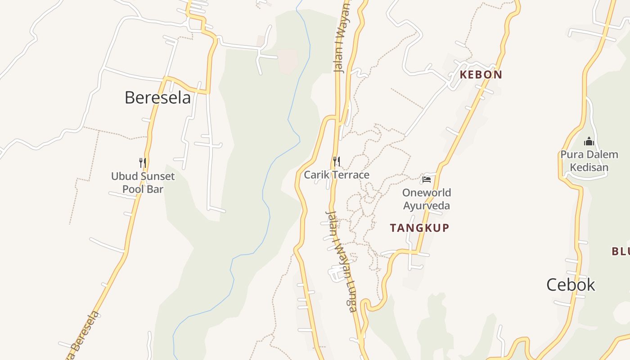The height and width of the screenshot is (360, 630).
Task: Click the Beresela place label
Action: [x=157, y=98]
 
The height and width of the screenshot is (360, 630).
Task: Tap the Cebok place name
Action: [x=571, y=285]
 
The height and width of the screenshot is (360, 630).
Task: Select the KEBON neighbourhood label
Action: [x=481, y=75]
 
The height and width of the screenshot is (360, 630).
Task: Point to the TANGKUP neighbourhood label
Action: [x=419, y=228]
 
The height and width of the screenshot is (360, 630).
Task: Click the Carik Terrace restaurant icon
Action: [x=336, y=161]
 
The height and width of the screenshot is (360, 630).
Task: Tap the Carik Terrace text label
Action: [x=337, y=175]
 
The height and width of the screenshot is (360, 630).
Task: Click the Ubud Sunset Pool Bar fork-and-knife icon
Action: [x=143, y=162]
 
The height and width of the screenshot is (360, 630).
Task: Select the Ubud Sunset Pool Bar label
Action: [x=143, y=183]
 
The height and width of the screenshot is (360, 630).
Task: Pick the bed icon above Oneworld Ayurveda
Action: [x=427, y=180]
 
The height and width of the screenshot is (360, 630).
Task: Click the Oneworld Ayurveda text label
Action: [x=426, y=199]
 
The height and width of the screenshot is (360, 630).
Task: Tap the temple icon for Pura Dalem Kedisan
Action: [x=589, y=142]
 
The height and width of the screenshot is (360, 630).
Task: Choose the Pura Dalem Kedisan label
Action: [x=589, y=161]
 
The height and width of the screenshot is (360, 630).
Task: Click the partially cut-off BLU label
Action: [x=621, y=252]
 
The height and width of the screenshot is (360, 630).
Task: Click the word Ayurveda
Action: [x=426, y=206]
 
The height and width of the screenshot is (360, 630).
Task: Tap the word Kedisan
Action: [x=589, y=168]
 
